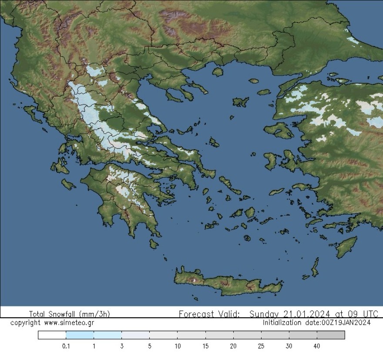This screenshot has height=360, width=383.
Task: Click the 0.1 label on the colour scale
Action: click(66, 346)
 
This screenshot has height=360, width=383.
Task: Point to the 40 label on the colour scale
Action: click(316, 346)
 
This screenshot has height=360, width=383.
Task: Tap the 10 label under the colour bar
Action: click(177, 346)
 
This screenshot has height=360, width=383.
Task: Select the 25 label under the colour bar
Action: click(261, 346)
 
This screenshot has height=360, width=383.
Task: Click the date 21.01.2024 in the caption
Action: click(307, 314)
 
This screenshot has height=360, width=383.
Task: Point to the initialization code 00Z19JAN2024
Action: click(346, 323)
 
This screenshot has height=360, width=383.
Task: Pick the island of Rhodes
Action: click(346, 246)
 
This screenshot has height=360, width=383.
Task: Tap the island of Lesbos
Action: click(279, 130)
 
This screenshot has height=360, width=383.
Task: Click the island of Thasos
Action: click(218, 71)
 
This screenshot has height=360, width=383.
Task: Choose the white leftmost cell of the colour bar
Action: click(52, 335)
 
